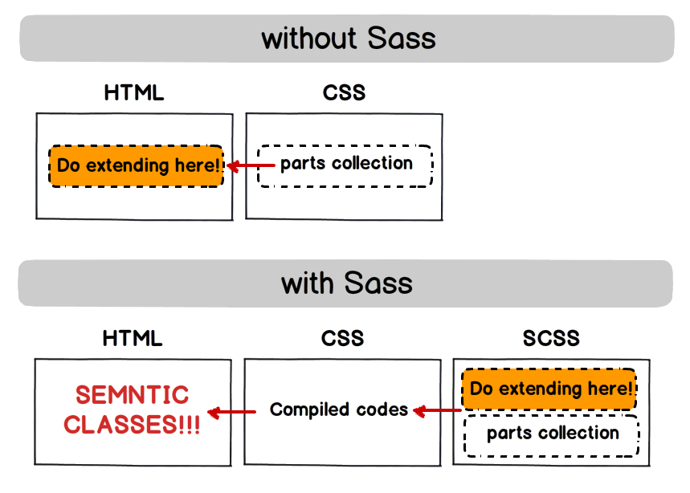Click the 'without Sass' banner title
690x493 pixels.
[348, 39]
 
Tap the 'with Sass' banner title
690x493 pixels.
[346, 283]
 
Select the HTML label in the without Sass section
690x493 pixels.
[134, 92]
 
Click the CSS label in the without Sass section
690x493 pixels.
[344, 92]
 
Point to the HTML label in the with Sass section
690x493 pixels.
[133, 337]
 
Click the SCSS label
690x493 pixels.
[551, 337]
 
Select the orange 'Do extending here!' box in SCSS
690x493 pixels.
[549, 389]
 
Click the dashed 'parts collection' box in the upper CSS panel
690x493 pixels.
[345, 165]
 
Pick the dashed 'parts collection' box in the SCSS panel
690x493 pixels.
[552, 434]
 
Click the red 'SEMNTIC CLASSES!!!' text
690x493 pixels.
[132, 409]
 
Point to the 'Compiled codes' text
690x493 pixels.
[339, 409]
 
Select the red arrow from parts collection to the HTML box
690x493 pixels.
[251, 166]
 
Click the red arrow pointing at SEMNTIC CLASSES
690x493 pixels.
[231, 412]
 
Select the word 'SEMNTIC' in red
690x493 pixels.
[132, 395]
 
